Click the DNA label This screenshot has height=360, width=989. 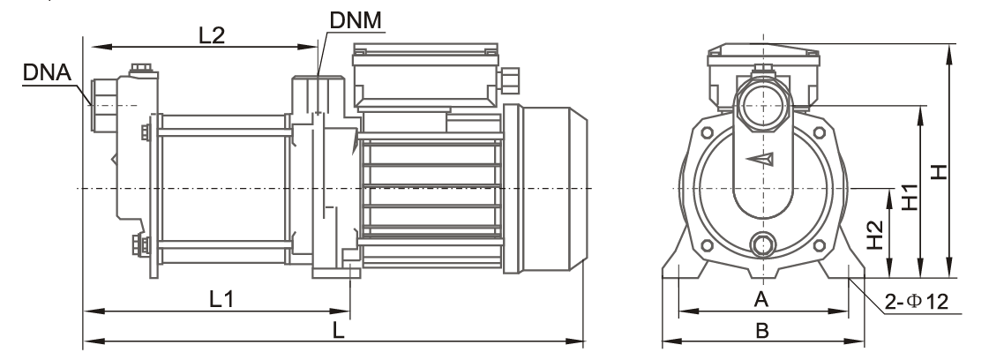[48, 72]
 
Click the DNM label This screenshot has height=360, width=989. [356, 21]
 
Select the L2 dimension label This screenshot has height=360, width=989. [211, 35]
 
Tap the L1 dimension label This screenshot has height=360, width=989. [221, 299]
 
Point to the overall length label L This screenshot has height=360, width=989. [339, 330]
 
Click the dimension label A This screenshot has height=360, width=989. [762, 299]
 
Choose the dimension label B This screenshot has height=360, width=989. [762, 330]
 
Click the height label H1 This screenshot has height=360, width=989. [910, 199]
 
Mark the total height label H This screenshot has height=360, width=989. [940, 171]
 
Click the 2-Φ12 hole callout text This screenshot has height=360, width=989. [917, 302]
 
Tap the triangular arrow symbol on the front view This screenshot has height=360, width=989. [760, 158]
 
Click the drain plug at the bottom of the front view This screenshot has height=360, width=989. [763, 244]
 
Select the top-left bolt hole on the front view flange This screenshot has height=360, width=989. [707, 132]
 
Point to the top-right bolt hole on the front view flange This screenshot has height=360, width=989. [820, 132]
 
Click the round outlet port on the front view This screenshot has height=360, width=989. [763, 105]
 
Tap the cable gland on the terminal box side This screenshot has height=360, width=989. [509, 80]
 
